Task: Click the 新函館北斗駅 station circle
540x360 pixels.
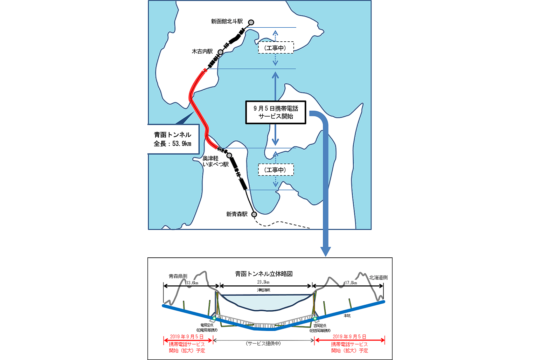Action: click(251, 23)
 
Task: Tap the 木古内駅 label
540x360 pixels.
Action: click(202, 51)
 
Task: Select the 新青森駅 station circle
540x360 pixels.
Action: click(254, 214)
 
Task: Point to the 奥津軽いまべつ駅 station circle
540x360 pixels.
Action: click(229, 155)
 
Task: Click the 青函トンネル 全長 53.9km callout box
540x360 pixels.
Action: click(172, 139)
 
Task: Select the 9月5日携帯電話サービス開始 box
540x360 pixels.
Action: click(276, 112)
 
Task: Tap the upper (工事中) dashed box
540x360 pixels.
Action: click(276, 48)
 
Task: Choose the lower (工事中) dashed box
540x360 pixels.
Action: click(276, 170)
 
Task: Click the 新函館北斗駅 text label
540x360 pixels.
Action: click(227, 21)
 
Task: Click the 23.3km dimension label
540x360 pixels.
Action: click(263, 282)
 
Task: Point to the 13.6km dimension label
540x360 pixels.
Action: click(192, 283)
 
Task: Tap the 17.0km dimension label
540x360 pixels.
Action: click(351, 283)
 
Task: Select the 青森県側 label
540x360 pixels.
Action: click(178, 276)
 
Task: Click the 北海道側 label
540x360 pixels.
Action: click(378, 277)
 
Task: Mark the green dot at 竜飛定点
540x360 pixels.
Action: click(214, 318)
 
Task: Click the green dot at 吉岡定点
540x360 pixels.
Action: click(315, 318)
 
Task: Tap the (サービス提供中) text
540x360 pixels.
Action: click(263, 344)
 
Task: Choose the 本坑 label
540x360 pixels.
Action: click(347, 316)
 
